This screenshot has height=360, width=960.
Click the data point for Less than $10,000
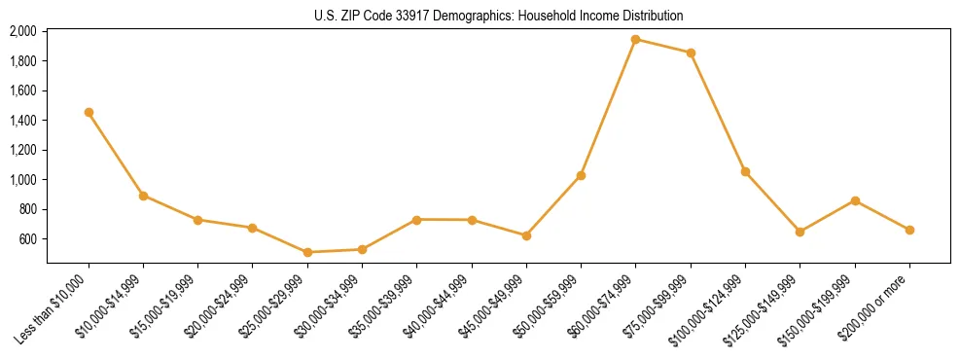(89, 112)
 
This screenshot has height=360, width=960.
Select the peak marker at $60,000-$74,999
(635, 40)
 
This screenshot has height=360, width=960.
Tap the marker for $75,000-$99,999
(691, 53)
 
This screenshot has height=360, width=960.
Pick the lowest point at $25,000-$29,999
(307, 252)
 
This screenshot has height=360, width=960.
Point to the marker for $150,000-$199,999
(855, 200)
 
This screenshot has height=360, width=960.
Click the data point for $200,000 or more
(909, 230)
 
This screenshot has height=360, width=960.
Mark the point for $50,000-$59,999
(581, 175)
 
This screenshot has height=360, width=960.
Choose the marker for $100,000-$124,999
(745, 171)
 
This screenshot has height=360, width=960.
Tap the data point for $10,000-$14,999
(143, 196)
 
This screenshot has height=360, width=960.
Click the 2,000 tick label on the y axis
(22, 31)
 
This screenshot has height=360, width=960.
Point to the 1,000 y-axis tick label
(22, 180)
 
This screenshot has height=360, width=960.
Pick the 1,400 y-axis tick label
(22, 121)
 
